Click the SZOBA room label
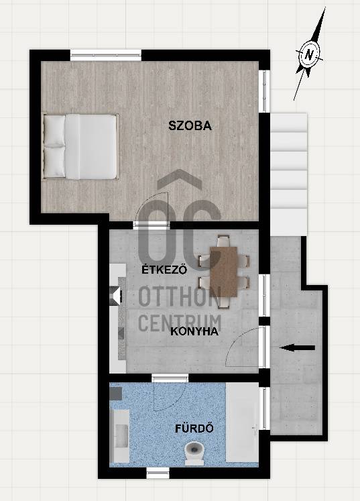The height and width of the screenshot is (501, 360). pos(190,125)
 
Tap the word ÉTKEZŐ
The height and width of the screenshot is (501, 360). pos(164,270)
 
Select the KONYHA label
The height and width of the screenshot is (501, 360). pos(194,331)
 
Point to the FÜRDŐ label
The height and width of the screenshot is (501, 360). pos(194,428)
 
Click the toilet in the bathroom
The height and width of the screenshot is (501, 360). pos(194,453)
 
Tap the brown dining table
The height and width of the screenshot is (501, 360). pos(224,272)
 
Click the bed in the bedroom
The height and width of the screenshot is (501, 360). pos(80,146)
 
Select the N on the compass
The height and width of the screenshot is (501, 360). pos(309,54)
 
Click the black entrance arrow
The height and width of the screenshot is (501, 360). pos(297,348)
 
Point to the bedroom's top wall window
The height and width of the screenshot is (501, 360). pos(105,55)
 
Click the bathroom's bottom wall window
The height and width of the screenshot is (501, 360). pos(158,473)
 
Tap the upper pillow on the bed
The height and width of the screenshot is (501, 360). pos(54,131)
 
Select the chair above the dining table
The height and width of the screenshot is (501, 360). pos(223,240)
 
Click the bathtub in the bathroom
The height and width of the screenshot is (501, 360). pos(243,423)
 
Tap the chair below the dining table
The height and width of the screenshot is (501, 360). pos(223,302)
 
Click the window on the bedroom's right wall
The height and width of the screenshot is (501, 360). pos(265,91)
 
